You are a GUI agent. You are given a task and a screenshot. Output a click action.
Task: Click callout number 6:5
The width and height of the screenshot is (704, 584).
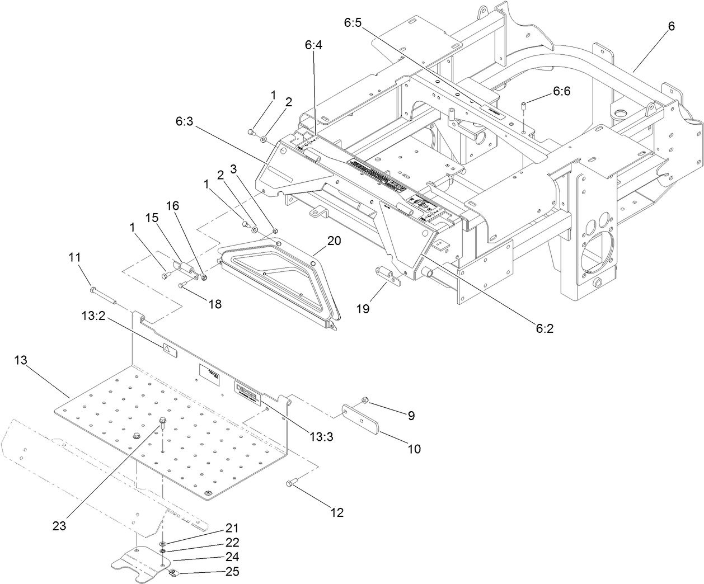[353, 23]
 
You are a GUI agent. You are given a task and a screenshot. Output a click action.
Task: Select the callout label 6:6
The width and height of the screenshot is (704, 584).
[561, 91]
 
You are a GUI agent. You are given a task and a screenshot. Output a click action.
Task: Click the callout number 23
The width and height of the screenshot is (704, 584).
[59, 525]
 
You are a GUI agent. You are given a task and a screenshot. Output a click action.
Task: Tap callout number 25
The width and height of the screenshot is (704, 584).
[232, 571]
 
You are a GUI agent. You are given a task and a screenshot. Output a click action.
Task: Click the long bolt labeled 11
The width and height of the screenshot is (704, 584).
[104, 295]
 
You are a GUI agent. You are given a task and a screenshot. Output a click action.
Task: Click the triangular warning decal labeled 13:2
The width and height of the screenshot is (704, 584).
[167, 348]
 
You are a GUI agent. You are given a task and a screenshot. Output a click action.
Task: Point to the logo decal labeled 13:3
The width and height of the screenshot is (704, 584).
[246, 389]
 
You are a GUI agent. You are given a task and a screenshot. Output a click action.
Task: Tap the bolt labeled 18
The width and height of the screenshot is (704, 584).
[183, 285]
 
